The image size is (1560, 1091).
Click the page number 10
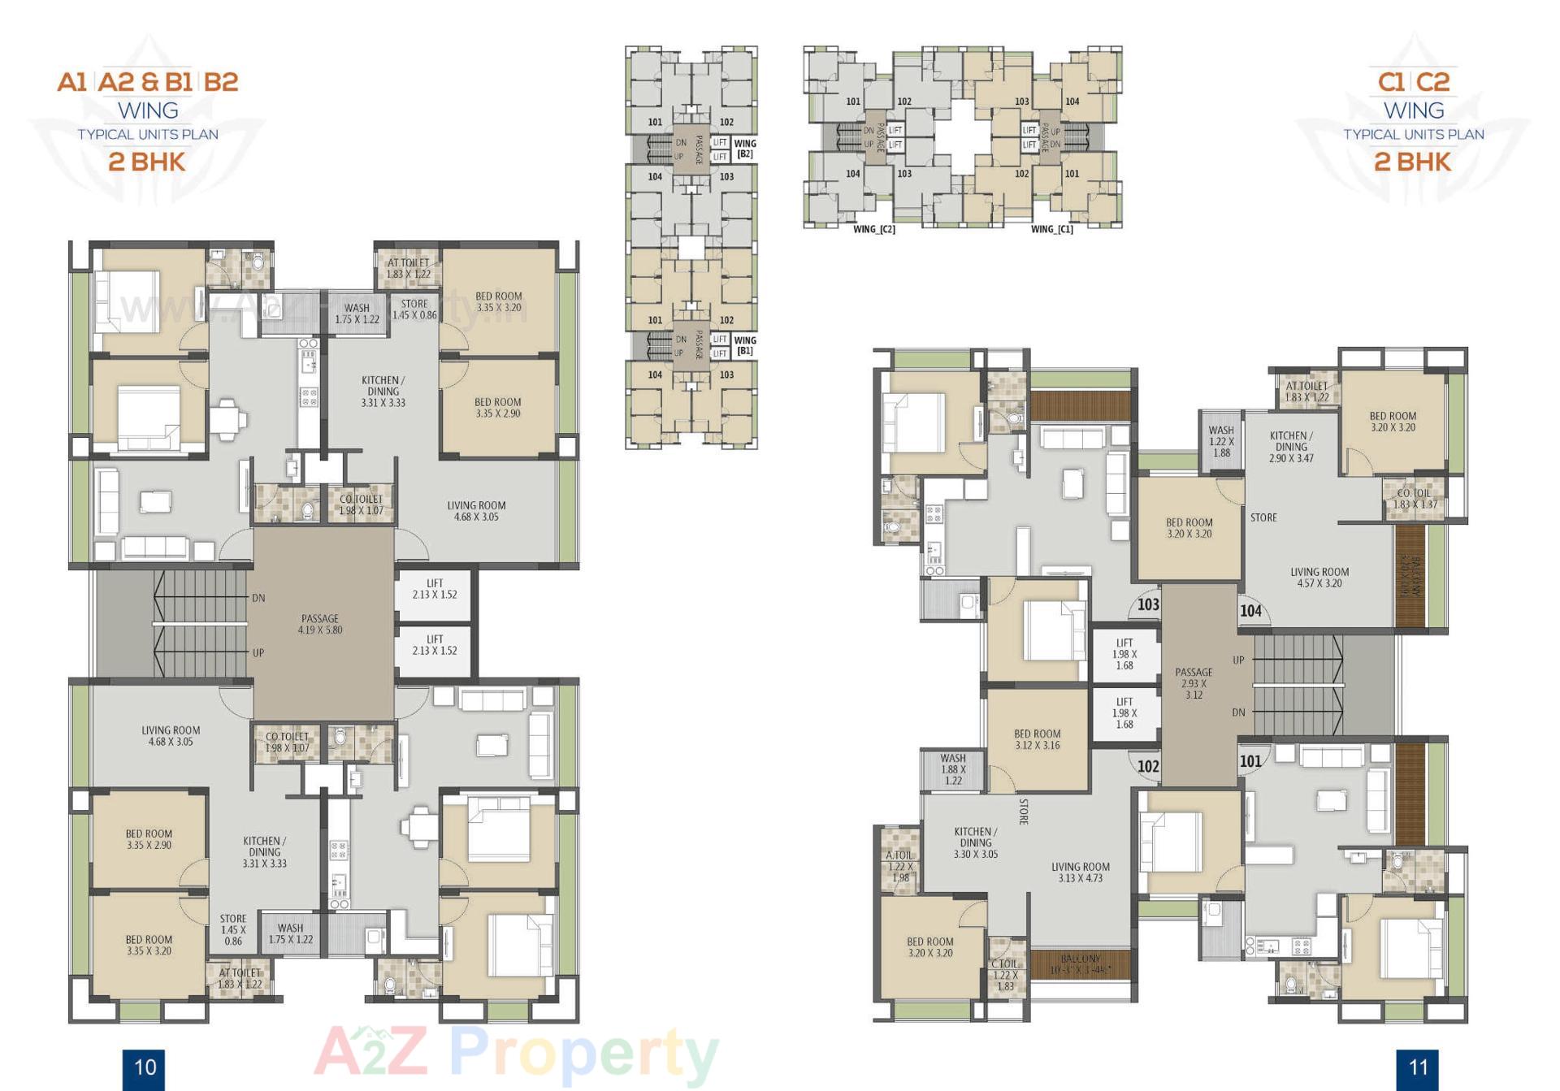tap(144, 1067)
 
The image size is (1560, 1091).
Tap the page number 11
tap(1418, 1067)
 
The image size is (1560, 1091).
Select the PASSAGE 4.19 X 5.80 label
tap(320, 624)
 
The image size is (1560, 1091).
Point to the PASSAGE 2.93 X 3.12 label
tap(1194, 683)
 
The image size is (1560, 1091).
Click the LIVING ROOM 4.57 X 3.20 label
tap(1319, 578)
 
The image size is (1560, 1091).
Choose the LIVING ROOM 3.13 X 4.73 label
tap(1080, 872)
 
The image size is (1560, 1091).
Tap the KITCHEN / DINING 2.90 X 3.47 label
tap(1291, 447)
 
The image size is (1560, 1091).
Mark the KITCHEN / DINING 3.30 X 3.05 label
tap(975, 842)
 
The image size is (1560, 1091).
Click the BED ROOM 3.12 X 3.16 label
tap(1037, 739)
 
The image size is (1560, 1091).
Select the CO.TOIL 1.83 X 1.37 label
tap(1415, 499)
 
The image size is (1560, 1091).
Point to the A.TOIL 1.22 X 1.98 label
tap(900, 866)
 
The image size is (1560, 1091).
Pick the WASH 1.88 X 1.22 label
tap(953, 769)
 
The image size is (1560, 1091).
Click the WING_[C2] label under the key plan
tap(874, 229)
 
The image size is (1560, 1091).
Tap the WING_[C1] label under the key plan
tap(1052, 229)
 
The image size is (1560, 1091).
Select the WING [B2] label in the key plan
tap(745, 148)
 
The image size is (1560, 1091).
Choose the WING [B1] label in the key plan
tap(745, 345)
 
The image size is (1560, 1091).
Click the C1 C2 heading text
tap(1414, 82)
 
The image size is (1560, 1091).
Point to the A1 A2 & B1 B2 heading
tap(148, 82)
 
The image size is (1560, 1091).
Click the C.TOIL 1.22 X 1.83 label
tap(1005, 975)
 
